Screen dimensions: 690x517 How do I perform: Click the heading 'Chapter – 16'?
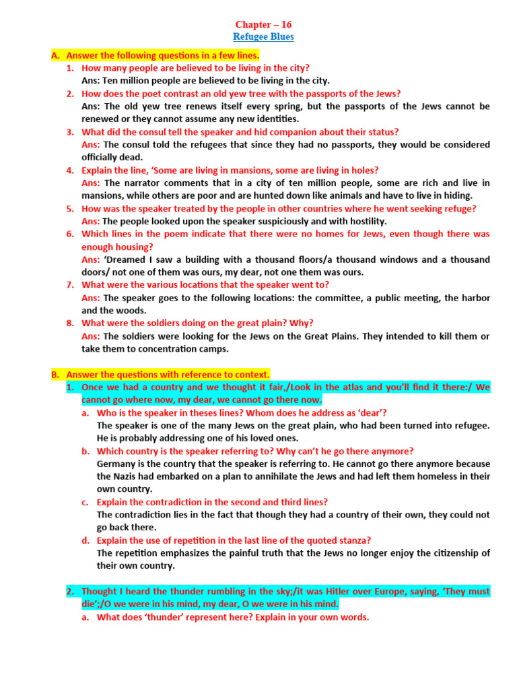click(x=263, y=24)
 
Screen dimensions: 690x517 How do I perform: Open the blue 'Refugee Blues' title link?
click(x=263, y=36)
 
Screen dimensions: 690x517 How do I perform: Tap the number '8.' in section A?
click(x=70, y=323)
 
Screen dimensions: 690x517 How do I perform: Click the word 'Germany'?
click(x=116, y=464)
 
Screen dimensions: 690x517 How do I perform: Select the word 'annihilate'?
click(x=277, y=476)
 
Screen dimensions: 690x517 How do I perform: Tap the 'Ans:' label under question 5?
click(x=91, y=221)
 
